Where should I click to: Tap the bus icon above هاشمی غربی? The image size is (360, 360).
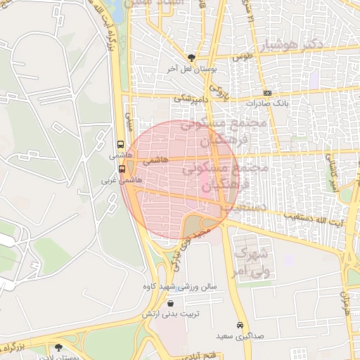coord(122,169)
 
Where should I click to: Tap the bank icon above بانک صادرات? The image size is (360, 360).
coord(267,93)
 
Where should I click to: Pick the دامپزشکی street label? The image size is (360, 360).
coord(192,99)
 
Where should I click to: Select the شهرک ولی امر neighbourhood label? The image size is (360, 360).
coord(252,260)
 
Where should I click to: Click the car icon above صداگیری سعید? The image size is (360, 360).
coord(241,326)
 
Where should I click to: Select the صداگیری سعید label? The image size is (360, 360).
coord(239,336)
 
